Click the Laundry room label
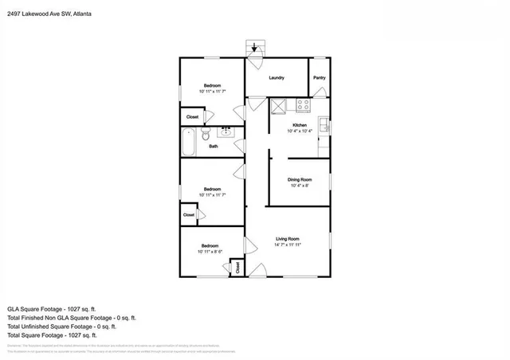coord(277,77)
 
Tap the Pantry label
coord(319,77)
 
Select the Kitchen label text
coord(300,125)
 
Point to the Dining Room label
coord(300,180)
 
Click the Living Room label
coord(287,238)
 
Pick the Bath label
coord(214,147)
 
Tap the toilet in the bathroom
coord(206,135)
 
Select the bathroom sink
coord(226,132)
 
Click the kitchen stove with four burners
coord(303,104)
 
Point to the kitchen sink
coord(324,124)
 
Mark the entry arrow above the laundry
coord(255,49)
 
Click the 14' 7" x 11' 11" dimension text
coord(287,245)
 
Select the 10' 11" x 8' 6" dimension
coord(210,252)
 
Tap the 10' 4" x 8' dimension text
coord(300,186)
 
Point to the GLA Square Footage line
coord(52,308)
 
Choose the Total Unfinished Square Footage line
coord(62,326)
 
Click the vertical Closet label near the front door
coord(238,268)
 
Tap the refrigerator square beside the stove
coord(279,106)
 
